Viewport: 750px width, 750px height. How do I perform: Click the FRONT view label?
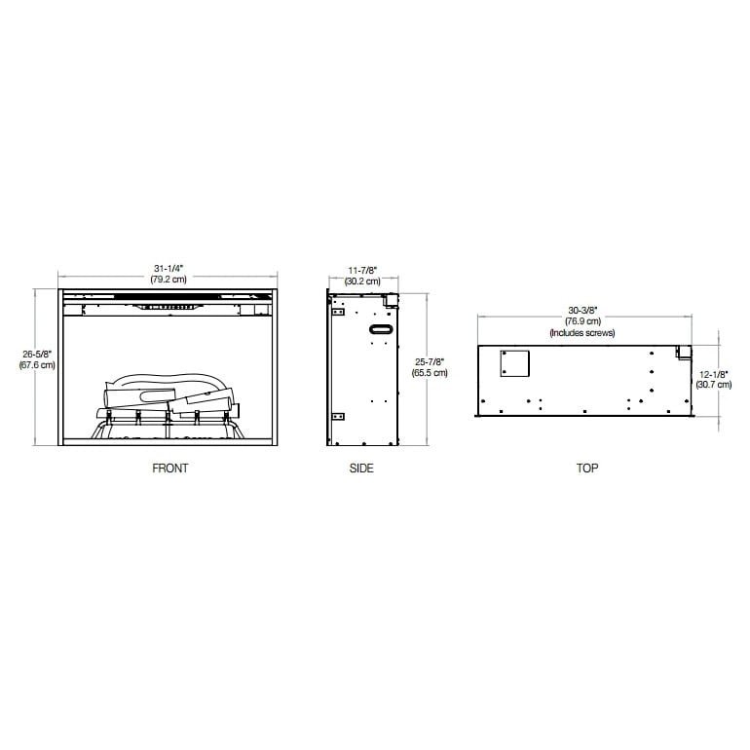click(169, 469)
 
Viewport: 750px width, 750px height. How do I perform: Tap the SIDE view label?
click(361, 469)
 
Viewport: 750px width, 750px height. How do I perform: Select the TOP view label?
click(586, 469)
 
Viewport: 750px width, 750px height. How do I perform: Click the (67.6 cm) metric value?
click(36, 366)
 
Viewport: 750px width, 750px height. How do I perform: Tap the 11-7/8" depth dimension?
click(362, 270)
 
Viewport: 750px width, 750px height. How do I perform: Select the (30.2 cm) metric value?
click(362, 281)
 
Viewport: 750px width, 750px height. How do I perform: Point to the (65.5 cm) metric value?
click(430, 373)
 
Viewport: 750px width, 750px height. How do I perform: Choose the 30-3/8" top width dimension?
click(582, 312)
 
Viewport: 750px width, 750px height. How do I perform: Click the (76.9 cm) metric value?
click(582, 322)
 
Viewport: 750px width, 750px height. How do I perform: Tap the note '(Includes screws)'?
click(582, 333)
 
